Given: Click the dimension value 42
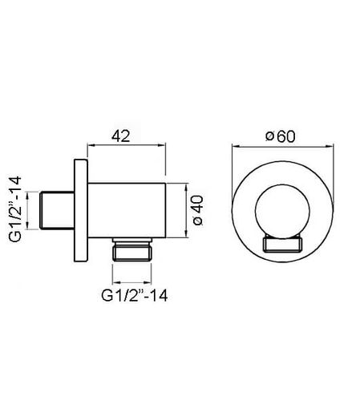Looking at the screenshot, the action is click(121, 136).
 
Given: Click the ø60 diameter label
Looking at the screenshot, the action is click(281, 136).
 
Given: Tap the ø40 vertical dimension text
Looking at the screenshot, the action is click(198, 210).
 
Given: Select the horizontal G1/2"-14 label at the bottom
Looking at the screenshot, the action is click(135, 296).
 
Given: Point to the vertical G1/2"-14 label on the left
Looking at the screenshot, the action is click(15, 209).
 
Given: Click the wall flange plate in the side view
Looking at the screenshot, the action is click(81, 210).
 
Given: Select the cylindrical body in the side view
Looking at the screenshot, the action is click(127, 210).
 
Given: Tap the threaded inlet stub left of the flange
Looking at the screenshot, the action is click(57, 210).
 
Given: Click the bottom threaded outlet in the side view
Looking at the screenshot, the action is click(132, 249).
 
